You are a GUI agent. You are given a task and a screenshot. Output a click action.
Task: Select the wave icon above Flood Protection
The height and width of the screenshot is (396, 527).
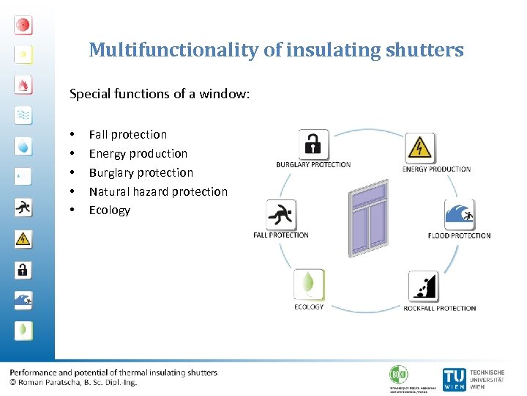tap(460, 214)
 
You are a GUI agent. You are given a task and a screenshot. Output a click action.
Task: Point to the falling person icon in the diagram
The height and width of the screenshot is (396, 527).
tap(280, 216)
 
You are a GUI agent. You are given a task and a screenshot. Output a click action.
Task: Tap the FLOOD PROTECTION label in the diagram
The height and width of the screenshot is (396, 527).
tap(460, 235)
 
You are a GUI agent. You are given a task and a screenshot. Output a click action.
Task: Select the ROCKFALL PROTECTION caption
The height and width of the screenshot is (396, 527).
tap(440, 308)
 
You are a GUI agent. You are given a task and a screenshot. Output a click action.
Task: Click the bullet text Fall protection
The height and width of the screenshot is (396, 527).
tap(128, 134)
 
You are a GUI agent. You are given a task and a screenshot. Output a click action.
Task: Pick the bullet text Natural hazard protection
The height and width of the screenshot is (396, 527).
tap(158, 191)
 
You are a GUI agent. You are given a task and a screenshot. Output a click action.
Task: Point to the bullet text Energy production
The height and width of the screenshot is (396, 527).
tap(138, 153)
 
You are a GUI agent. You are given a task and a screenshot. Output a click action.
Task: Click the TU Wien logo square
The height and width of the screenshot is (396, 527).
tap(454, 378)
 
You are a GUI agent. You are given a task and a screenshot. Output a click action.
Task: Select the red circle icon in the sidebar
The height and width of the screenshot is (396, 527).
tap(23, 25)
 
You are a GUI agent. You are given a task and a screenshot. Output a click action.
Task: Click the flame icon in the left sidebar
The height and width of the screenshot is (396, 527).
tap(23, 85)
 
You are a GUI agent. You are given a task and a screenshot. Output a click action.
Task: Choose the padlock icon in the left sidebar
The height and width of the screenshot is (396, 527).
tap(23, 269)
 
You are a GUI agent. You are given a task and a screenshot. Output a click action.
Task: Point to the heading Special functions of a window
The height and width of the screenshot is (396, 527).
tap(160, 94)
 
